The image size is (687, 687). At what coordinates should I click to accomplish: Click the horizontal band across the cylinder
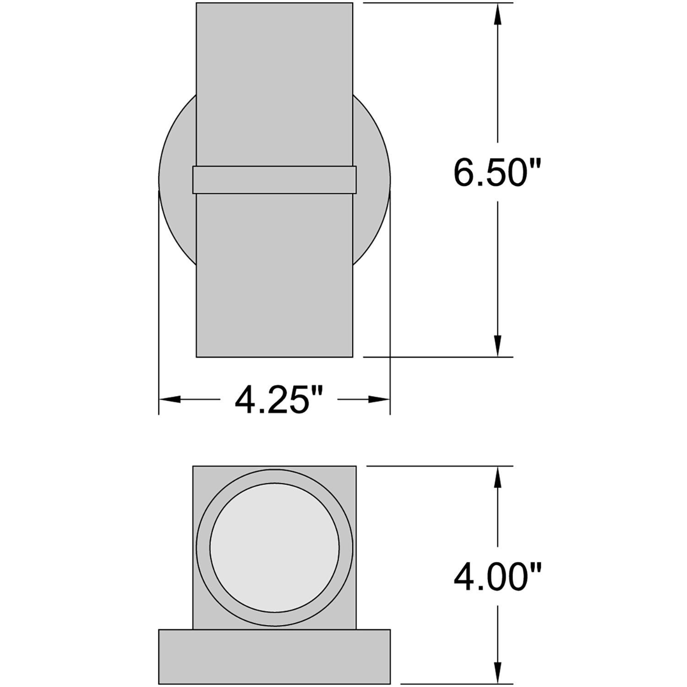point(274,180)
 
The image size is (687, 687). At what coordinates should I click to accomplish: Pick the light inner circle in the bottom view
point(274,548)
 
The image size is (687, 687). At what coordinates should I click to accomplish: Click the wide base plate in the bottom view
point(274,657)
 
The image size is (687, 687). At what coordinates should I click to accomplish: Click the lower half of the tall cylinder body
point(274,275)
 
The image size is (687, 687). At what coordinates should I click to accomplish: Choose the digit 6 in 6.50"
point(465,173)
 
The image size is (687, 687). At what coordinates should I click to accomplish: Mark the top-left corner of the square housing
point(194,467)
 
